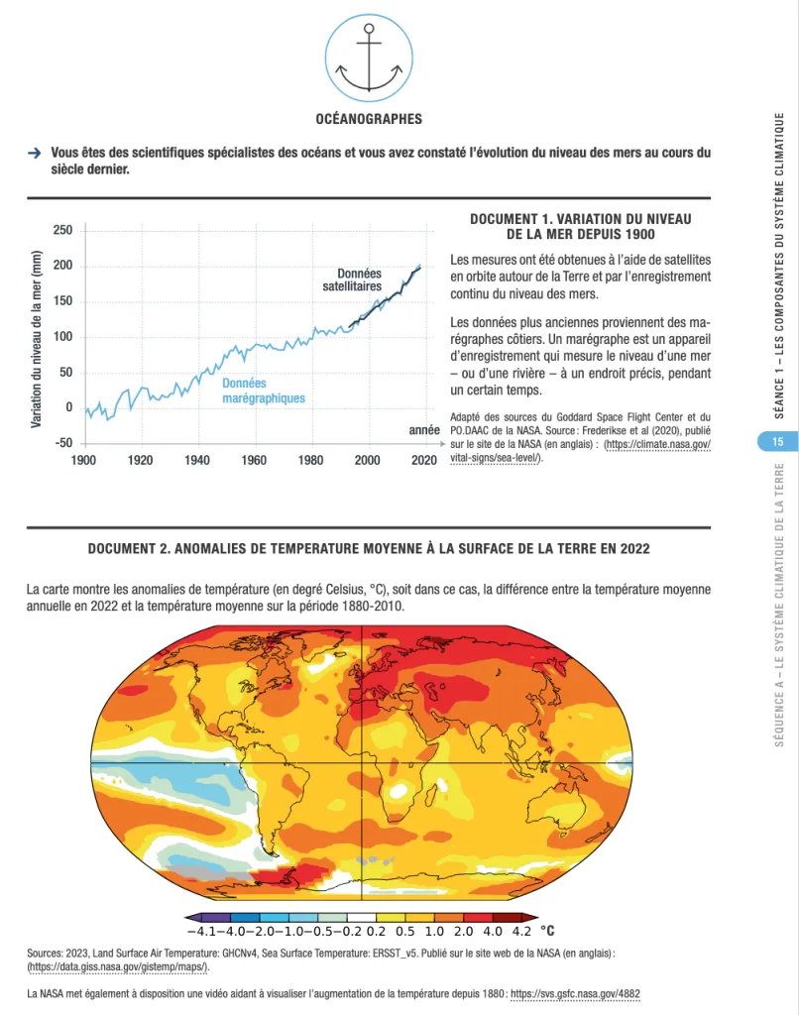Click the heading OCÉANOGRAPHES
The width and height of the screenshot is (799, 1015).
pos(368,119)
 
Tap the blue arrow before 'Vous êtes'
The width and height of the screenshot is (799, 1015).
pos(34,154)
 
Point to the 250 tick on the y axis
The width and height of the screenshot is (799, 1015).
pos(62,230)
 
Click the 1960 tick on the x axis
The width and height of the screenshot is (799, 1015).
pos(254,461)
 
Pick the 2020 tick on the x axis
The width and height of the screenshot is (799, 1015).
pos(424,461)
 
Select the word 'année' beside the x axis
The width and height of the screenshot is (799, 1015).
pos(424,431)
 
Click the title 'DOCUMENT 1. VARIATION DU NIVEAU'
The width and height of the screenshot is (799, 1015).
pos(580,218)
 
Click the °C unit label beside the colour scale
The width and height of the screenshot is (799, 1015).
pos(546,931)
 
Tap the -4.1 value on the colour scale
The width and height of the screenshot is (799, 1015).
pos(201,932)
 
